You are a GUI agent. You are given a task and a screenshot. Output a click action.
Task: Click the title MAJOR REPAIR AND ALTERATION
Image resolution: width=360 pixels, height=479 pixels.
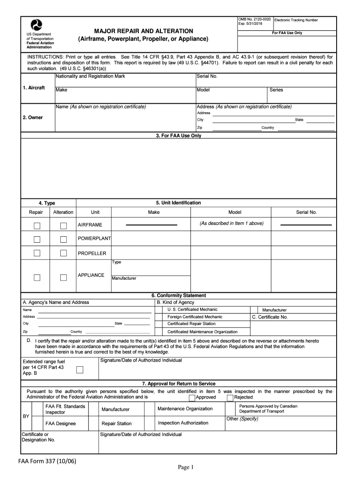[x=144, y=30]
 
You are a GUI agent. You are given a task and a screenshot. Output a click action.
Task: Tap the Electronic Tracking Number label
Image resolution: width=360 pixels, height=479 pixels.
[x=296, y=20]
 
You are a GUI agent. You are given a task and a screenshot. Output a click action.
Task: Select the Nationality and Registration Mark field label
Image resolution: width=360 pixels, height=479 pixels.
[x=90, y=76]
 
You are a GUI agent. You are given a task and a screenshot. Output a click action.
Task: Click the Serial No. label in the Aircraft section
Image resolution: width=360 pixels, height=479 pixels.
[x=207, y=76]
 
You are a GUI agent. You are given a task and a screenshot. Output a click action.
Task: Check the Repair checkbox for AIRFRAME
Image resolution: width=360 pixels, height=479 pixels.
[x=37, y=226]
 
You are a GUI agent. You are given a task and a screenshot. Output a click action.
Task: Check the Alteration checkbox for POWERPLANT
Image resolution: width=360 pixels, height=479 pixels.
[x=64, y=240]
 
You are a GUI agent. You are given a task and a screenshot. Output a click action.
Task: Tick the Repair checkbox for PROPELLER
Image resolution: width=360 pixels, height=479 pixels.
[x=37, y=254]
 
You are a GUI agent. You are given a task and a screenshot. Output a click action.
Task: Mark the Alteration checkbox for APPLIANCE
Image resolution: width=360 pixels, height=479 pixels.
[x=64, y=278]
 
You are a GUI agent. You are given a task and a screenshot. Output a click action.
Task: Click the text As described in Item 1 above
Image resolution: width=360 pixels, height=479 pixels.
[x=231, y=224]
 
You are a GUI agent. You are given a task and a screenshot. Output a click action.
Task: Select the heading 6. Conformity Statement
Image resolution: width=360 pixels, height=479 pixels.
[x=178, y=296]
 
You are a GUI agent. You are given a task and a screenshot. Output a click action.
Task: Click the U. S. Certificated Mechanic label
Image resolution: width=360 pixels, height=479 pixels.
[x=192, y=310]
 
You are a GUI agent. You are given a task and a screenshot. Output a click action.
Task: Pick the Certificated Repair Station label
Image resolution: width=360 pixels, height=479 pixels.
[x=191, y=324]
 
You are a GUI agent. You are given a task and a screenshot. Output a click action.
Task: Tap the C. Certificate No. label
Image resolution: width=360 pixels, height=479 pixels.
[x=270, y=317]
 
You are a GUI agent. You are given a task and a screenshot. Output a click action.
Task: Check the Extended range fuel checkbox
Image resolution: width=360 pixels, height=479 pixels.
[x=79, y=370]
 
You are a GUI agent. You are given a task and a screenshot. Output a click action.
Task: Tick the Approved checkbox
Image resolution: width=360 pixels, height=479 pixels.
[x=192, y=398]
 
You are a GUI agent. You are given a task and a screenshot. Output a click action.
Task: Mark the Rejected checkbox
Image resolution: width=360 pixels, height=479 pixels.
[x=230, y=398]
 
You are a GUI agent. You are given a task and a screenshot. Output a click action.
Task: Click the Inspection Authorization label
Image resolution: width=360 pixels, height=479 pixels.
[x=183, y=423]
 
